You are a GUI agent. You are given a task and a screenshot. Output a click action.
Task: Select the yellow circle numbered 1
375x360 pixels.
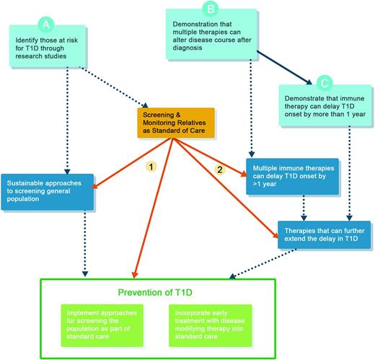click(151, 165)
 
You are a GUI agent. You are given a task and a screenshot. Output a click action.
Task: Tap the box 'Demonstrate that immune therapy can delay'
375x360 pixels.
click(322, 107)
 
